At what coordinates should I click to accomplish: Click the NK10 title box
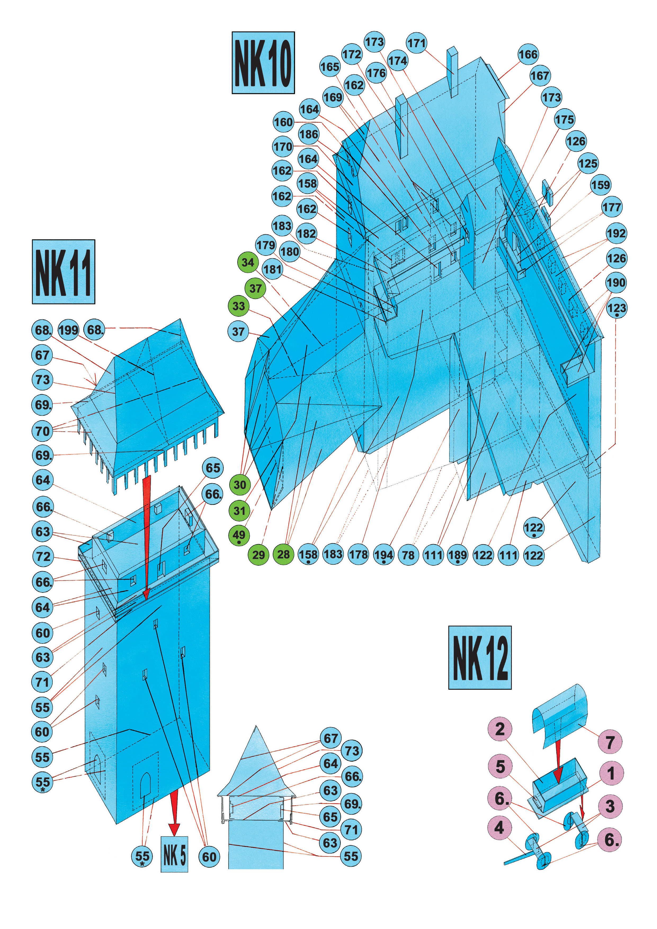point(263,63)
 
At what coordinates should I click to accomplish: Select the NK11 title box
point(64,271)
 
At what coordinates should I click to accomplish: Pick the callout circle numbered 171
point(416,43)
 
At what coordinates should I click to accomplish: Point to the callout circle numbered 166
point(528,54)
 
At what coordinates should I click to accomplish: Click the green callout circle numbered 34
point(248,262)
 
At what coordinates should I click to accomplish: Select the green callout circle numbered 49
point(239,535)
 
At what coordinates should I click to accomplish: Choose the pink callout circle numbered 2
point(500,729)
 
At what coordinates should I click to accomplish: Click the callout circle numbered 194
point(383,555)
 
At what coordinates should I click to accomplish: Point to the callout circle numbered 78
point(408,555)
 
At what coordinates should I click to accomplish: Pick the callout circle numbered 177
point(611,207)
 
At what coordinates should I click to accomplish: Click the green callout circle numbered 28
point(283,554)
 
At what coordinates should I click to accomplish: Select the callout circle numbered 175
point(564,119)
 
